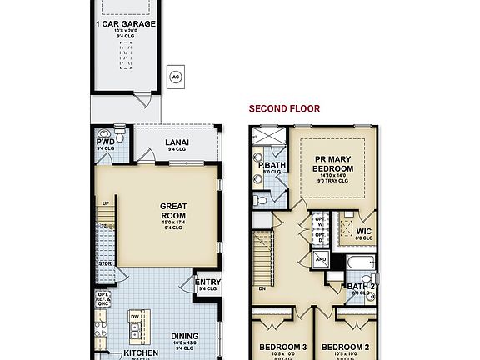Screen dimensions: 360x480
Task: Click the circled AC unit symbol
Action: point(175,77)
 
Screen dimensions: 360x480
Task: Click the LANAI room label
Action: point(176,142)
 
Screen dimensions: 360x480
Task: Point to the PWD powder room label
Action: point(105,142)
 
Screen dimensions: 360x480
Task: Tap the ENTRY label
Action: point(207,282)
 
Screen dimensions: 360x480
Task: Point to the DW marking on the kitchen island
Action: point(135,317)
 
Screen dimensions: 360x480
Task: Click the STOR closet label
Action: point(105,264)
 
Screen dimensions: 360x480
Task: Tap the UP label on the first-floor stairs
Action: point(106,203)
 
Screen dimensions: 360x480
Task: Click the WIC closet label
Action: point(363,232)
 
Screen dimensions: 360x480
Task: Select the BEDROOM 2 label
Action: point(344,346)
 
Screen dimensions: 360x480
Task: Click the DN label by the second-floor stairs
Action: point(263,288)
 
